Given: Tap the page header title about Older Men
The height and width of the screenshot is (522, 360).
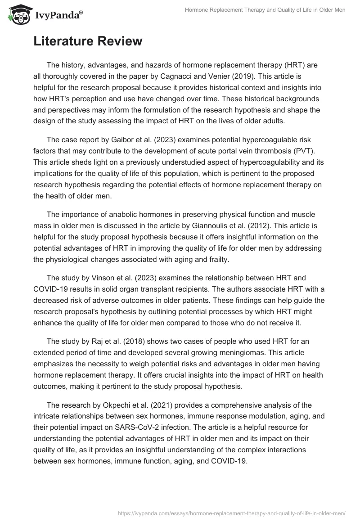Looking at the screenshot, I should (265, 10).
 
